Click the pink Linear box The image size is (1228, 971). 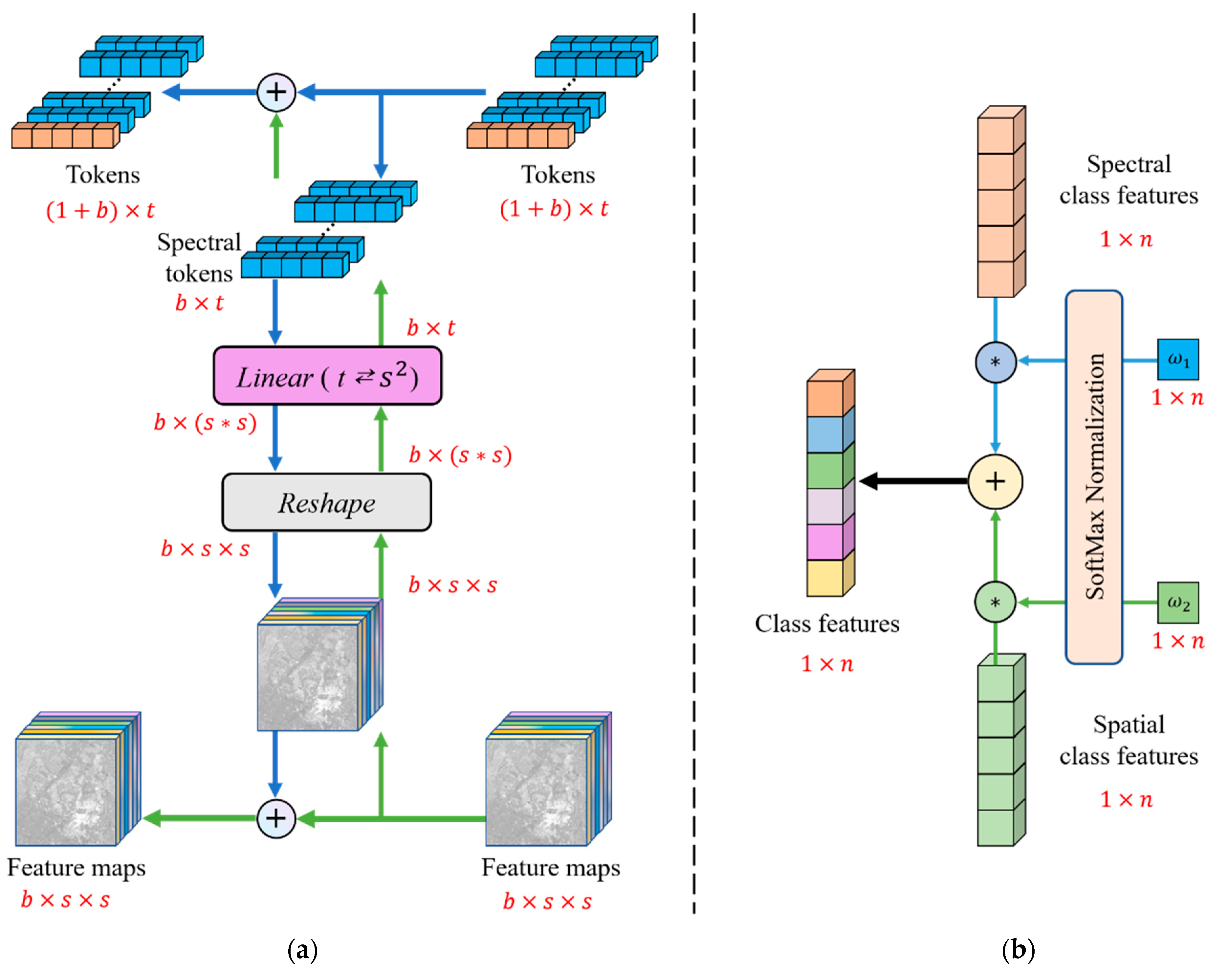[x=327, y=376]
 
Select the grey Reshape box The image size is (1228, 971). [x=326, y=502]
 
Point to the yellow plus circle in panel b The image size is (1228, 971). [x=995, y=481]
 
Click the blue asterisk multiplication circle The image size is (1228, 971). [x=995, y=362]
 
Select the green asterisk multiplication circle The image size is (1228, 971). [x=995, y=602]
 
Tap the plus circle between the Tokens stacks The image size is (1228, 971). [x=276, y=92]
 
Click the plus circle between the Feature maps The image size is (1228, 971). [x=276, y=819]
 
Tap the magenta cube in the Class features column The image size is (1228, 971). [x=825, y=542]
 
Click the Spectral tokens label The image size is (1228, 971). [x=199, y=258]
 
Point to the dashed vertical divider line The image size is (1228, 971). [x=694, y=455]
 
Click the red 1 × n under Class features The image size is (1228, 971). [x=827, y=664]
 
